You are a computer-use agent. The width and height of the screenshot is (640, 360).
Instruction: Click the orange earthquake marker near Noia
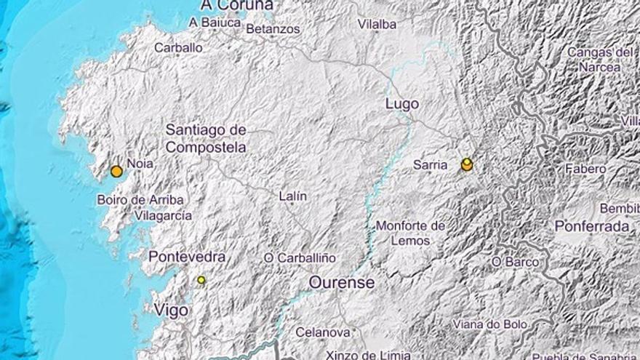click(116, 172)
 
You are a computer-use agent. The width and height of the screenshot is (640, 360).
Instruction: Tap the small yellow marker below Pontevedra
click(201, 280)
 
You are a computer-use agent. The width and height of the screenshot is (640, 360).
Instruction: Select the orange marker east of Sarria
click(467, 166)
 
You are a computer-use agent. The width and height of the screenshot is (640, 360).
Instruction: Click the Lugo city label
click(401, 105)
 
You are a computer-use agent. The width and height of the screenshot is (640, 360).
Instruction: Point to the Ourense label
click(342, 282)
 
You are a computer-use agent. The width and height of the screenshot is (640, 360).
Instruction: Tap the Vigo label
click(171, 311)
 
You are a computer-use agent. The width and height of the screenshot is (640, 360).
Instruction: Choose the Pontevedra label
click(187, 257)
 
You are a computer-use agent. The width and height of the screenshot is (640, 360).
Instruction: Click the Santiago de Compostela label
click(206, 138)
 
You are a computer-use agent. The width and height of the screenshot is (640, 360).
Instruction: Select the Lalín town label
click(293, 196)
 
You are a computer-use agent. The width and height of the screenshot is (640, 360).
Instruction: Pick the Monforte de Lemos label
click(411, 233)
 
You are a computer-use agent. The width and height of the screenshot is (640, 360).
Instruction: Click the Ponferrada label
click(592, 226)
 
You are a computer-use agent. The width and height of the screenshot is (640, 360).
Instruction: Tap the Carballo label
click(178, 47)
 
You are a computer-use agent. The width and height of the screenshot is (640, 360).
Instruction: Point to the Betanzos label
click(273, 29)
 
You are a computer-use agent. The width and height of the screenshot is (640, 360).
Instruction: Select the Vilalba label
click(377, 24)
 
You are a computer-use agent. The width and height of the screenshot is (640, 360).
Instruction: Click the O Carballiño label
click(300, 257)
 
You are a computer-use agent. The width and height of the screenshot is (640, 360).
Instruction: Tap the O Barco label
click(516, 262)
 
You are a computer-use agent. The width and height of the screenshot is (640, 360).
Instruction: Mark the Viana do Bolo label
click(493, 324)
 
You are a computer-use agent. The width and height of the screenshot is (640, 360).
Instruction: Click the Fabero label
click(585, 169)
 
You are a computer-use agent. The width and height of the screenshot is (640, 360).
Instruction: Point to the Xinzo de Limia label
click(369, 355)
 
